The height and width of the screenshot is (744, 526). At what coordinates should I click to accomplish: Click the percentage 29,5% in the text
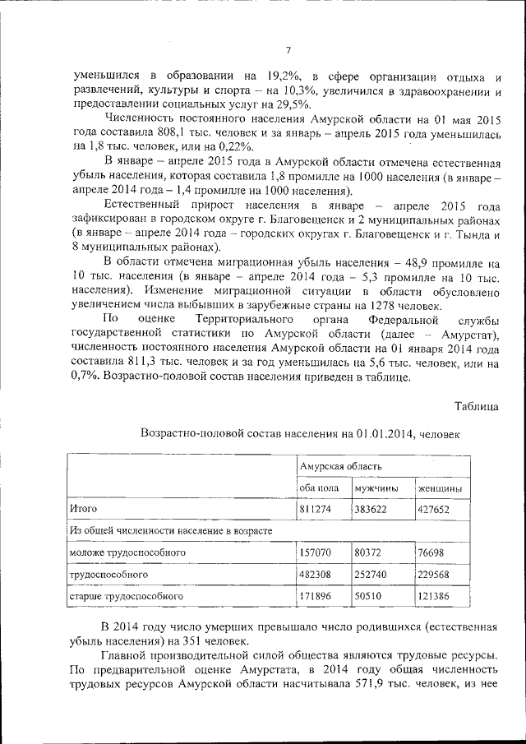tap(293, 104)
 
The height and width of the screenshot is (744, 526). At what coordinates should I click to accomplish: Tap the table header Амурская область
tap(333, 466)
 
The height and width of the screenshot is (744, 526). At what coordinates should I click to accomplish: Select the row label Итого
tap(84, 510)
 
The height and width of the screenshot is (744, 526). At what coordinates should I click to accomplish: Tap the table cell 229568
tap(435, 573)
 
